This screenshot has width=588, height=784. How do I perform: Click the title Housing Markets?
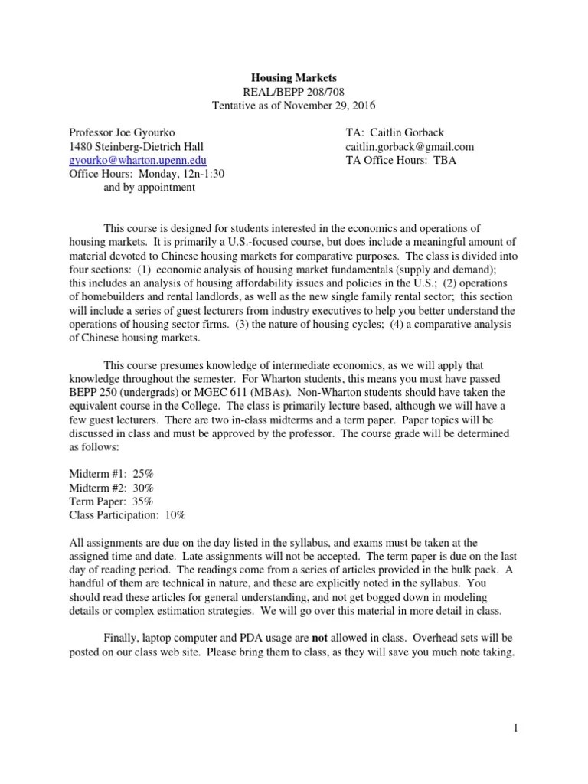(294, 77)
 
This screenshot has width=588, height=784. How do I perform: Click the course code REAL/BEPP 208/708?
(294, 91)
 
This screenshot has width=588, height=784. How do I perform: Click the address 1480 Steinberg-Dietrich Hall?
(136, 146)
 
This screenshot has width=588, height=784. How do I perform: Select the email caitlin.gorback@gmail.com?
(410, 146)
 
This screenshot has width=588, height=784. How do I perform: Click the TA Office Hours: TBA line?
(397, 160)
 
